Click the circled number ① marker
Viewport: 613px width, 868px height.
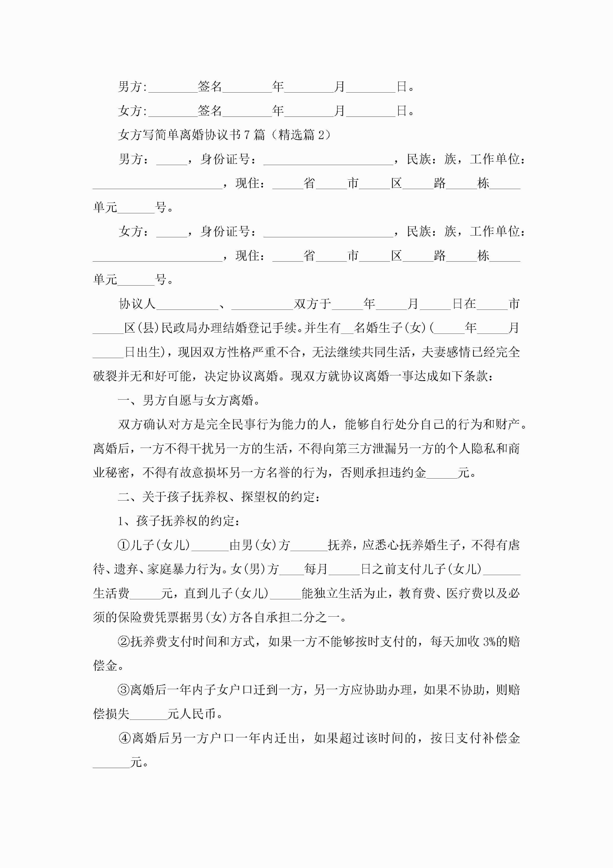(x=124, y=545)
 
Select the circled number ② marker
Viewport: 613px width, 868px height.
(x=124, y=642)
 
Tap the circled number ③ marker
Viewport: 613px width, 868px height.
(x=124, y=690)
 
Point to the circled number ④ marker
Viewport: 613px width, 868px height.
(x=125, y=738)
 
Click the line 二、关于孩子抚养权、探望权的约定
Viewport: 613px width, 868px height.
(x=219, y=497)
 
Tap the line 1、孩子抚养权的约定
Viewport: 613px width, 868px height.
(x=178, y=521)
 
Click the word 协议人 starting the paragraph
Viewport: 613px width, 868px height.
(x=137, y=304)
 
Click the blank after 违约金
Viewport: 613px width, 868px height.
(x=442, y=473)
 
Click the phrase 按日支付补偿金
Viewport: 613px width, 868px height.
(x=475, y=738)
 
